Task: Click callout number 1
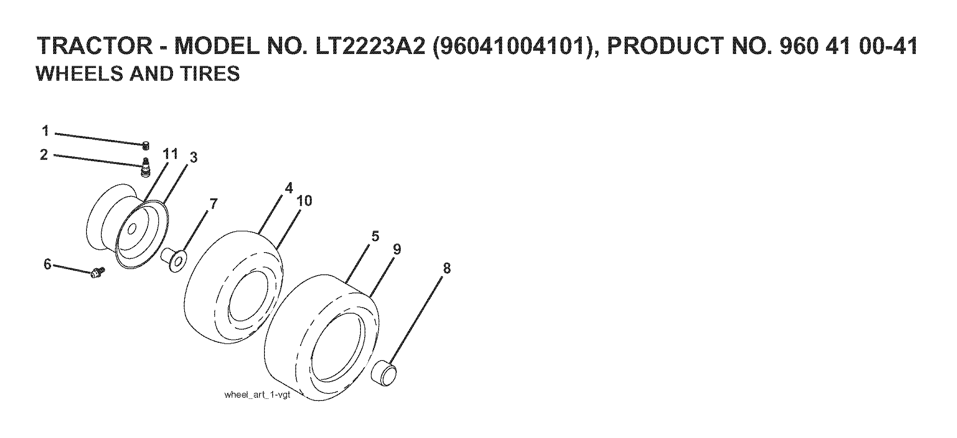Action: (x=45, y=131)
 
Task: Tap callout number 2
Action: (x=44, y=155)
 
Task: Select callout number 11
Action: (x=170, y=154)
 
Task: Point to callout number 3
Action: (x=193, y=157)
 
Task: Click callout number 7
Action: (x=213, y=204)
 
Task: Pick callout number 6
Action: (x=47, y=264)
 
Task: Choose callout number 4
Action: (x=289, y=188)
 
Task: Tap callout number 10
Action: (x=304, y=201)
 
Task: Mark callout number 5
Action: (x=375, y=236)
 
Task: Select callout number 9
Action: (x=397, y=249)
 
